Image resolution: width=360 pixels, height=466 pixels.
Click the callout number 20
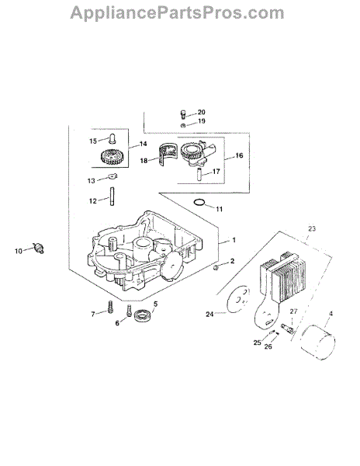201,112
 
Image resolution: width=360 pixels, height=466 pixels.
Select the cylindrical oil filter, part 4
318,343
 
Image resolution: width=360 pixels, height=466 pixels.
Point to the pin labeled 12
112,196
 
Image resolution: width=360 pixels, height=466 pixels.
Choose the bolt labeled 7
110,307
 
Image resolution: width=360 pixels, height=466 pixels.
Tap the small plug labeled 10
39,248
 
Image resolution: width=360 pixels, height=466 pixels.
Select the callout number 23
312,229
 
